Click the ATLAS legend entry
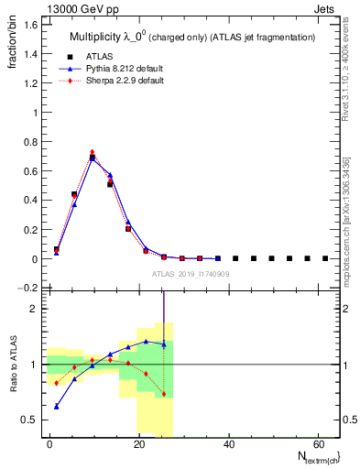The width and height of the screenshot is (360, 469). (102, 55)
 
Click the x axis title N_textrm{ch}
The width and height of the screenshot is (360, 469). (311, 457)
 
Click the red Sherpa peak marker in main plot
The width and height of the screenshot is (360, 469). (93, 152)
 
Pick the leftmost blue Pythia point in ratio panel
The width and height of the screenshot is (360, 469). (56, 406)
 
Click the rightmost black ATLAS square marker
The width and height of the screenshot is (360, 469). (325, 258)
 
